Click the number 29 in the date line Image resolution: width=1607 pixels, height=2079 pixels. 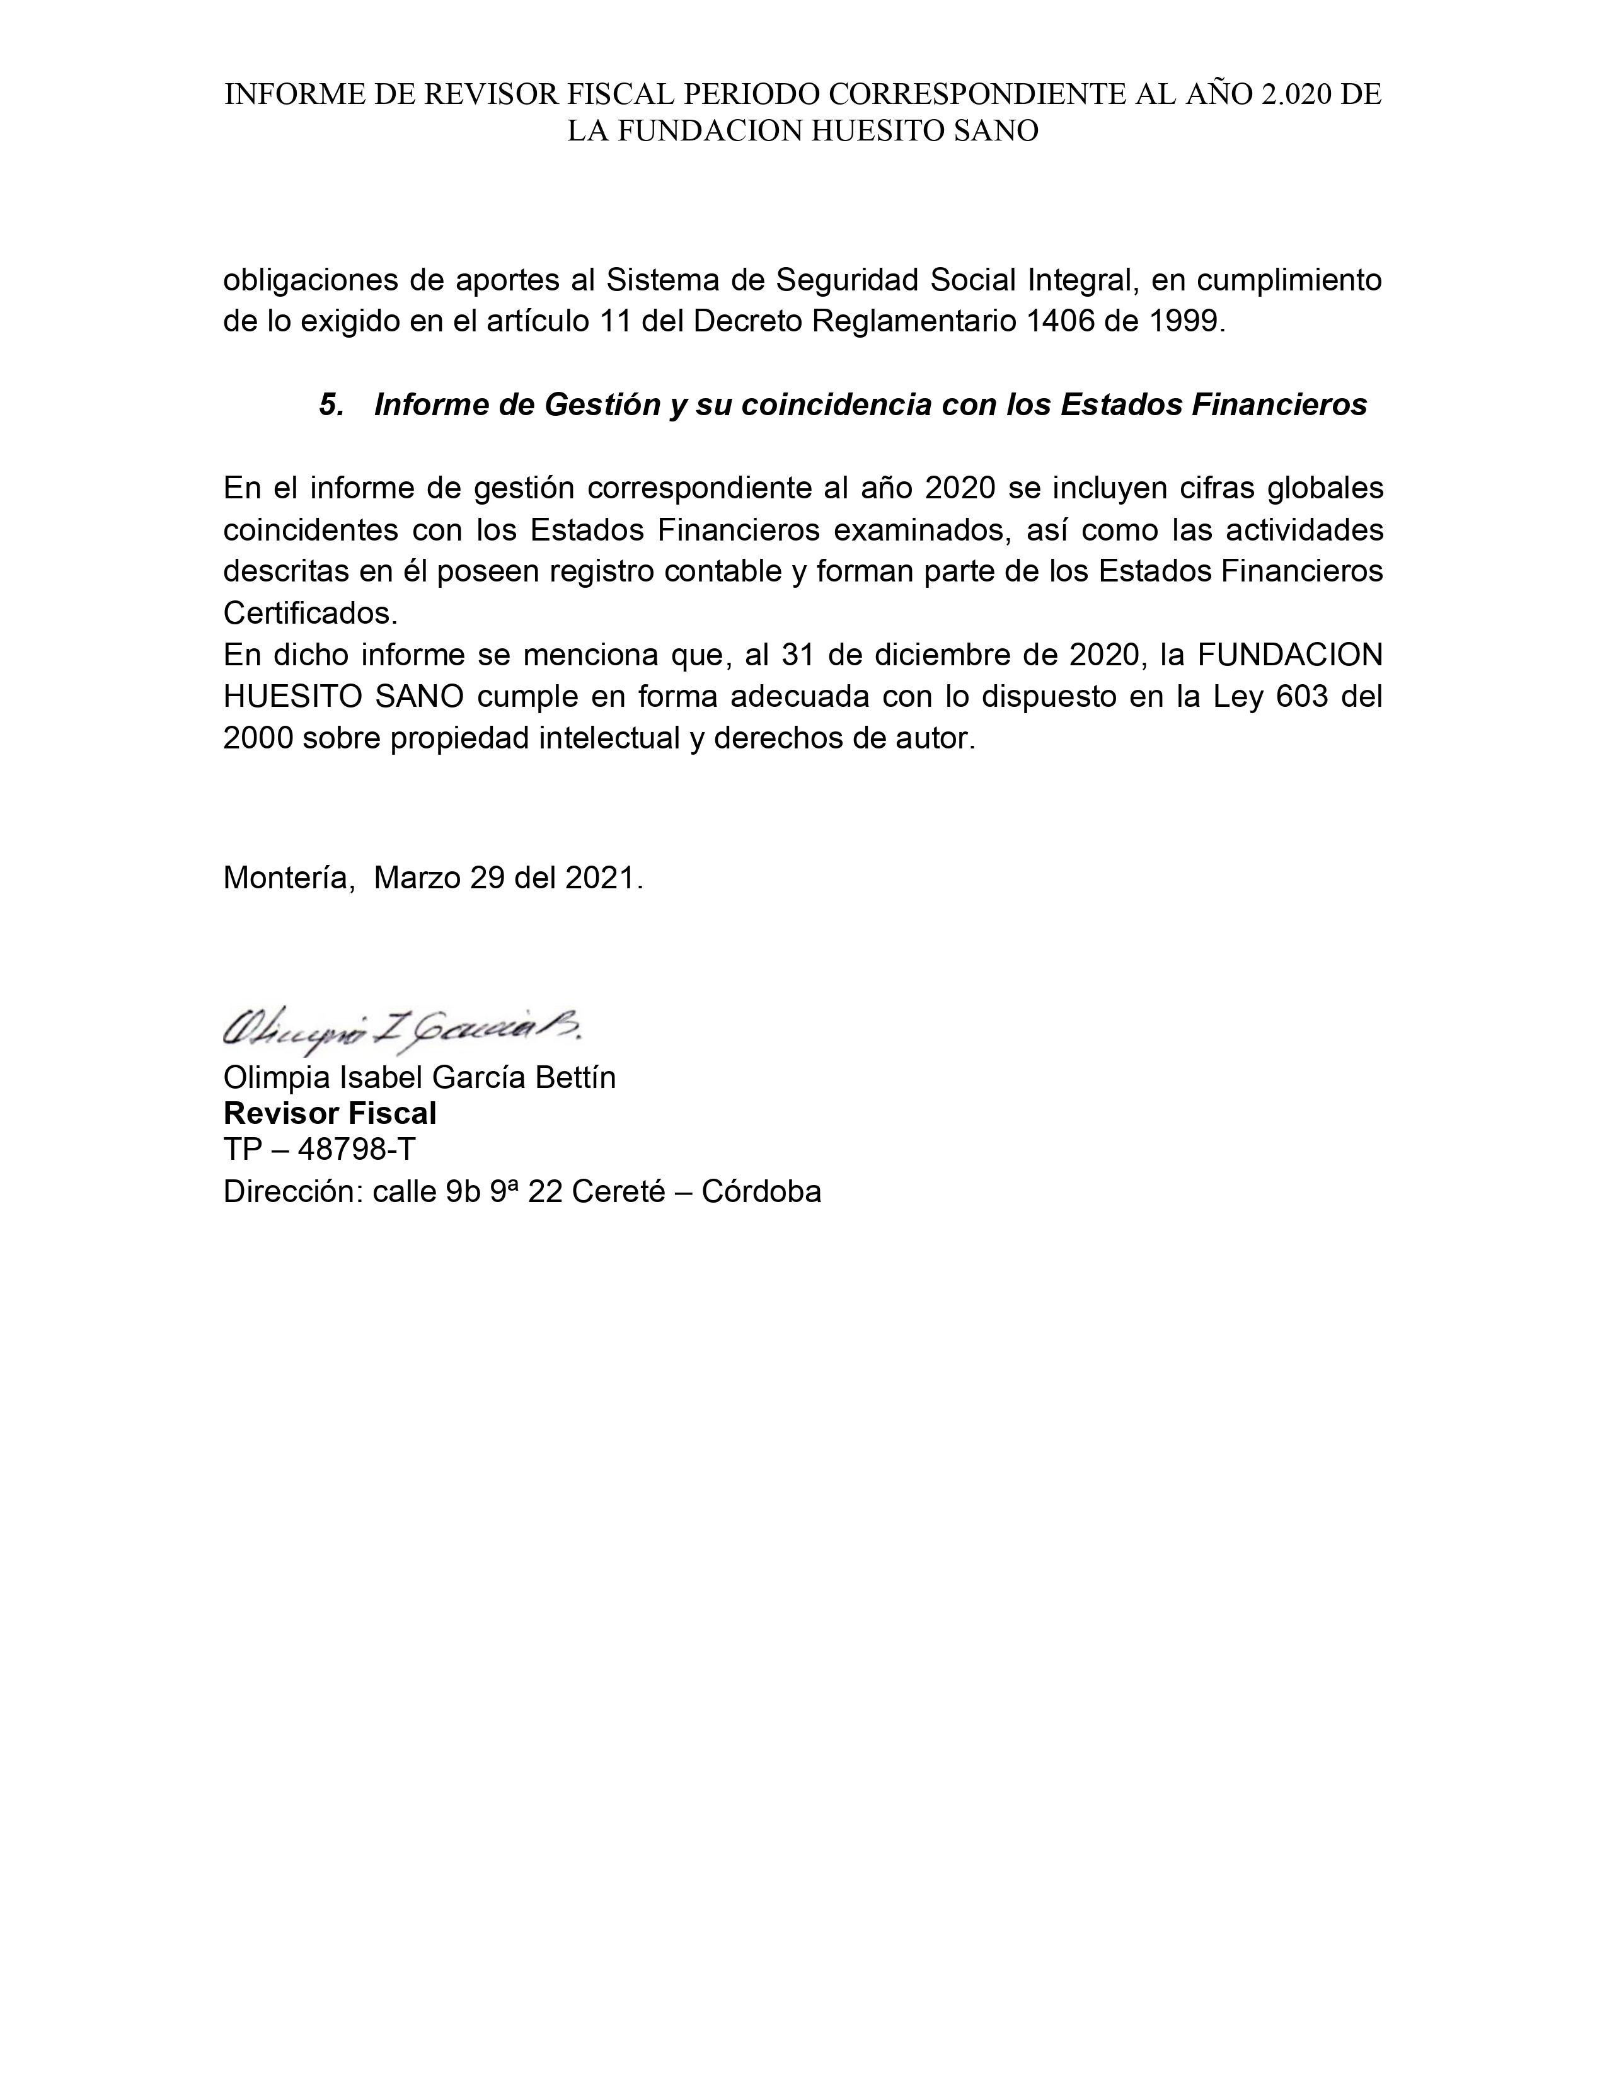coord(487,877)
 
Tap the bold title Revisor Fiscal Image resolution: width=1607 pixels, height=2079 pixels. coord(330,1113)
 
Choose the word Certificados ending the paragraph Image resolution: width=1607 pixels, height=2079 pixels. coord(308,613)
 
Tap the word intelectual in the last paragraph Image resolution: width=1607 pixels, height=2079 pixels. coord(606,738)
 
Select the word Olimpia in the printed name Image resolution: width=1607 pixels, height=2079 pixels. coord(276,1077)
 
